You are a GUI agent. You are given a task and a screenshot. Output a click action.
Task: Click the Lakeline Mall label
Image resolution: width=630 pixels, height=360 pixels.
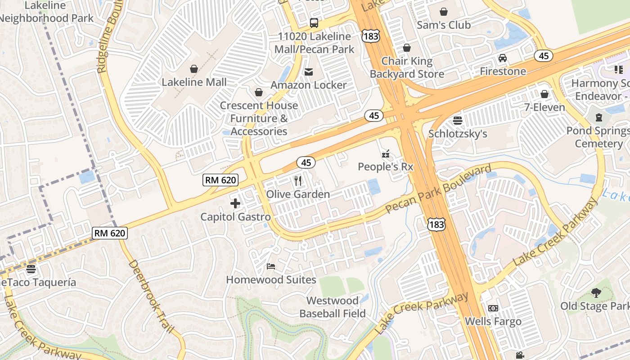coord(194,82)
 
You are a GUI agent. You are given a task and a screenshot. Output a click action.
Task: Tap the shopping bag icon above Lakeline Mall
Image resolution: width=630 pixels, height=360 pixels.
coord(194,69)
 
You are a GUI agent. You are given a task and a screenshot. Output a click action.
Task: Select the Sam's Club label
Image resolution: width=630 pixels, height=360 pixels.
coord(443,25)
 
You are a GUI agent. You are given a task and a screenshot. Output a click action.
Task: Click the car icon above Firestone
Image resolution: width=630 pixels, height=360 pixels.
coord(502,58)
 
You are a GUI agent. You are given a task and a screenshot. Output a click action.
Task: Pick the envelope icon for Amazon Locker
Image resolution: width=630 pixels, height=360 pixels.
coord(309,72)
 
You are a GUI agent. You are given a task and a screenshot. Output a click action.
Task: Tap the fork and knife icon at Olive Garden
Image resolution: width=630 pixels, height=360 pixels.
coord(298,181)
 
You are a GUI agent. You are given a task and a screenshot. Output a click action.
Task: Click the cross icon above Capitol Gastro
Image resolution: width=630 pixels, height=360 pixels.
coord(235,203)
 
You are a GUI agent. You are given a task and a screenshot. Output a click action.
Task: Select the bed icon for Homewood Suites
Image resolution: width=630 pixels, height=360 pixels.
coord(270,266)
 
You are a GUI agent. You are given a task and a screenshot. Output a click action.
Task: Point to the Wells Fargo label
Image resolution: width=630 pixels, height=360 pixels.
coord(493,321)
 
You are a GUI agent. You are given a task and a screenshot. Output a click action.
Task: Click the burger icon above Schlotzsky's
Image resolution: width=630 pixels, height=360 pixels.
coord(458,120)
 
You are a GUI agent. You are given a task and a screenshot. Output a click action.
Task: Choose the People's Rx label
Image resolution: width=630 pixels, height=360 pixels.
coord(385,166)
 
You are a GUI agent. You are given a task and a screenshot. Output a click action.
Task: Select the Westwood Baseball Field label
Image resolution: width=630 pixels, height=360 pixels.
coord(333,307)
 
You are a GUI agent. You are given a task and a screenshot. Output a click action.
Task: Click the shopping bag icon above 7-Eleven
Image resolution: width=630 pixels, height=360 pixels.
coord(544,94)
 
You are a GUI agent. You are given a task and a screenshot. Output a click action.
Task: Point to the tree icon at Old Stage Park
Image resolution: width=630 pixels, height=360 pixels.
coord(596,293)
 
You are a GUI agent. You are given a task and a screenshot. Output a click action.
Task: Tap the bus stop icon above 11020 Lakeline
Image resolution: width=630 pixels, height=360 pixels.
coord(314,23)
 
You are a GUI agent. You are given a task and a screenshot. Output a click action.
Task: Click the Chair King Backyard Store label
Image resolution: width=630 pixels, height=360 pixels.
coord(407,67)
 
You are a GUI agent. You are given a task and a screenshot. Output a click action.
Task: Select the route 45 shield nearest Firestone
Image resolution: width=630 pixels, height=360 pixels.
coord(544,56)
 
